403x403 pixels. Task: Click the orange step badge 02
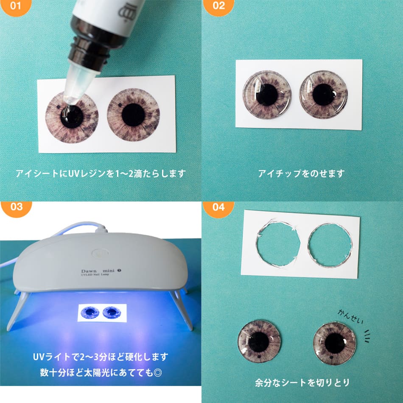[218, 6]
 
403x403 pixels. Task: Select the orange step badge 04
[218, 208]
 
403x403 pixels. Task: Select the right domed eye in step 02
[323, 94]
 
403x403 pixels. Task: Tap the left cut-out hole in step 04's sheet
[278, 245]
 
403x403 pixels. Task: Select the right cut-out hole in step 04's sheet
[330, 245]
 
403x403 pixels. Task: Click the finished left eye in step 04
[259, 341]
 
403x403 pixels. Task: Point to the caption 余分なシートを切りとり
[302, 383]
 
